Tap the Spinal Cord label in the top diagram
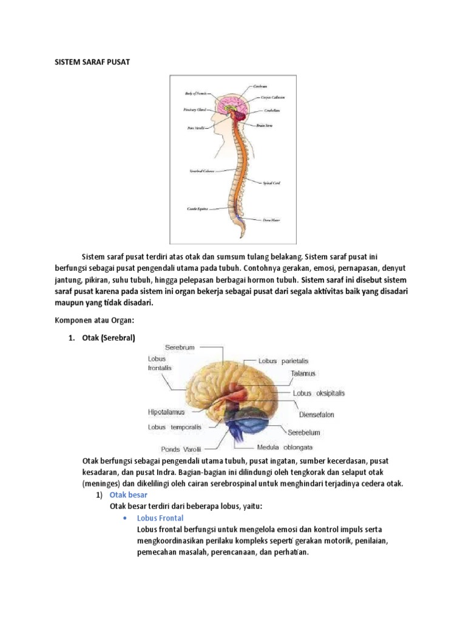(271, 183)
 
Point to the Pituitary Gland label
(195, 110)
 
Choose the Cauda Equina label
(197, 208)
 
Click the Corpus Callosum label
(273, 97)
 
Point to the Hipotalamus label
(166, 412)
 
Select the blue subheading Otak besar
(124, 496)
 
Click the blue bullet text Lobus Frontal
(160, 518)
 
